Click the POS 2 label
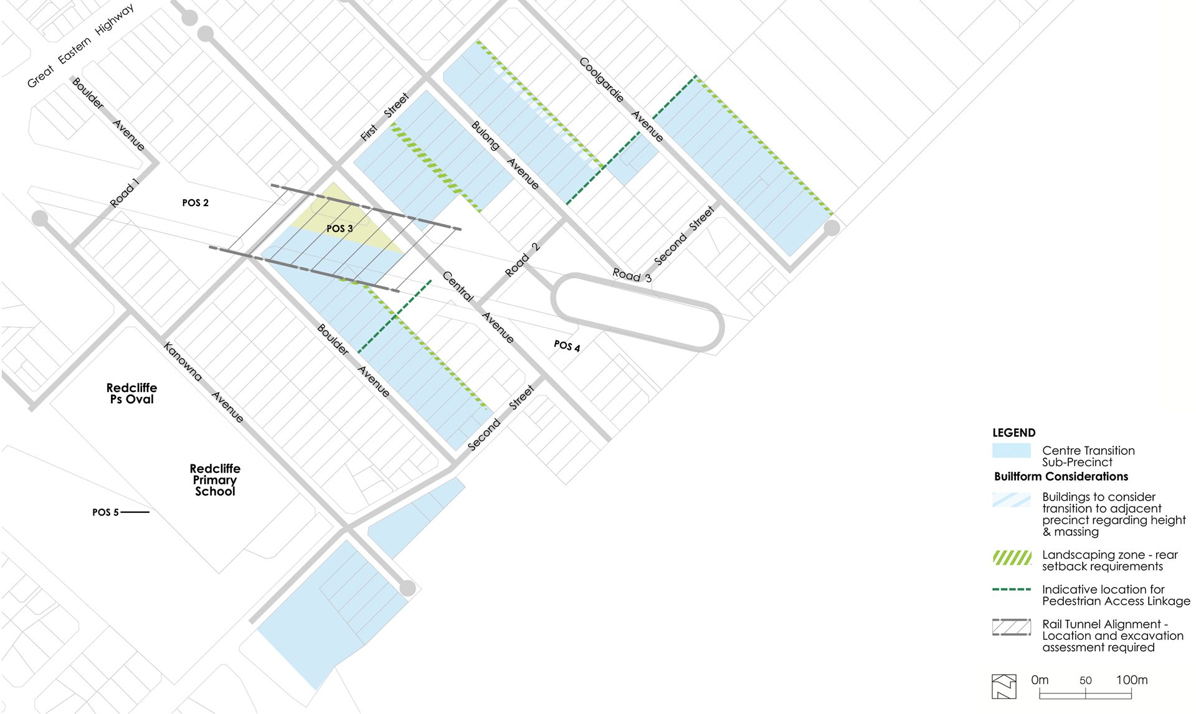195,203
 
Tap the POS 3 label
339,228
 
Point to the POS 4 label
567,345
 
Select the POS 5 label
105,512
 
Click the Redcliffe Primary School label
215,480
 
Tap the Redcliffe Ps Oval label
131,393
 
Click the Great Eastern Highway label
80,46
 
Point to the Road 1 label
124,193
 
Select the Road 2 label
522,260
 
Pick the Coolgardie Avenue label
620,99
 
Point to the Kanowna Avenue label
203,382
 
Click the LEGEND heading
1013,433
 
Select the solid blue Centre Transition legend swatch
1011,451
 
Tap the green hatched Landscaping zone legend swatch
1012,558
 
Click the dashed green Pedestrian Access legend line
1011,589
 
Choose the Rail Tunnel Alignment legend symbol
1011,627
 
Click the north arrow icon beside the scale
1004,687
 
